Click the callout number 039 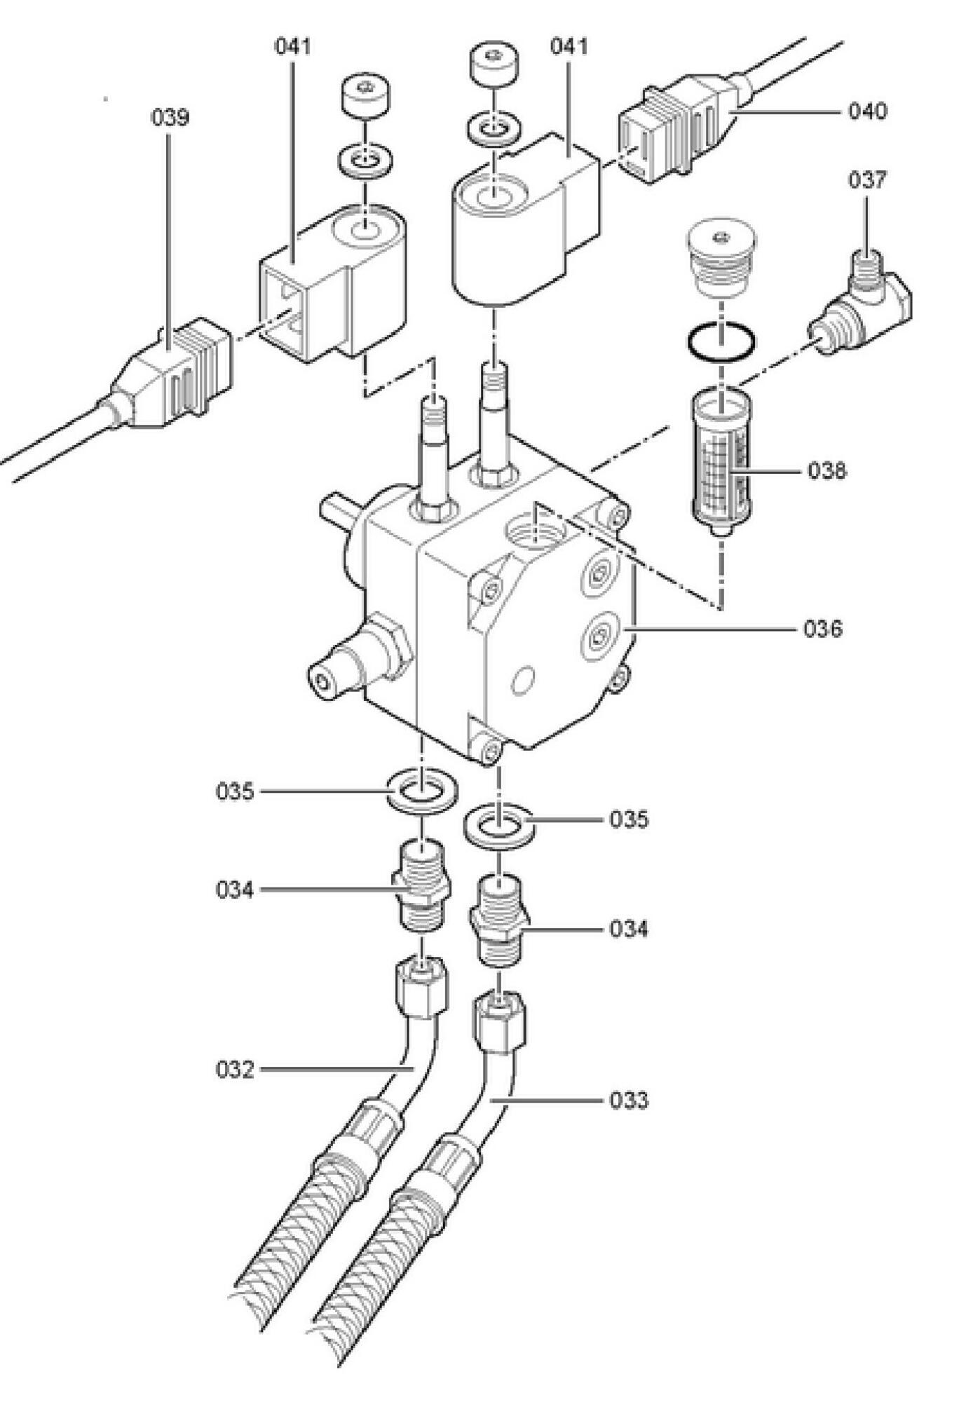click(x=170, y=117)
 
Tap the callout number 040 click(x=868, y=111)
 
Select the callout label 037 click(x=867, y=180)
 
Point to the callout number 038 click(x=827, y=470)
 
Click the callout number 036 click(x=823, y=629)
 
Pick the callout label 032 click(x=235, y=1070)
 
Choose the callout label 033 click(x=629, y=1100)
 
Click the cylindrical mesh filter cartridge click(x=721, y=463)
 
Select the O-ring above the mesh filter click(x=721, y=343)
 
